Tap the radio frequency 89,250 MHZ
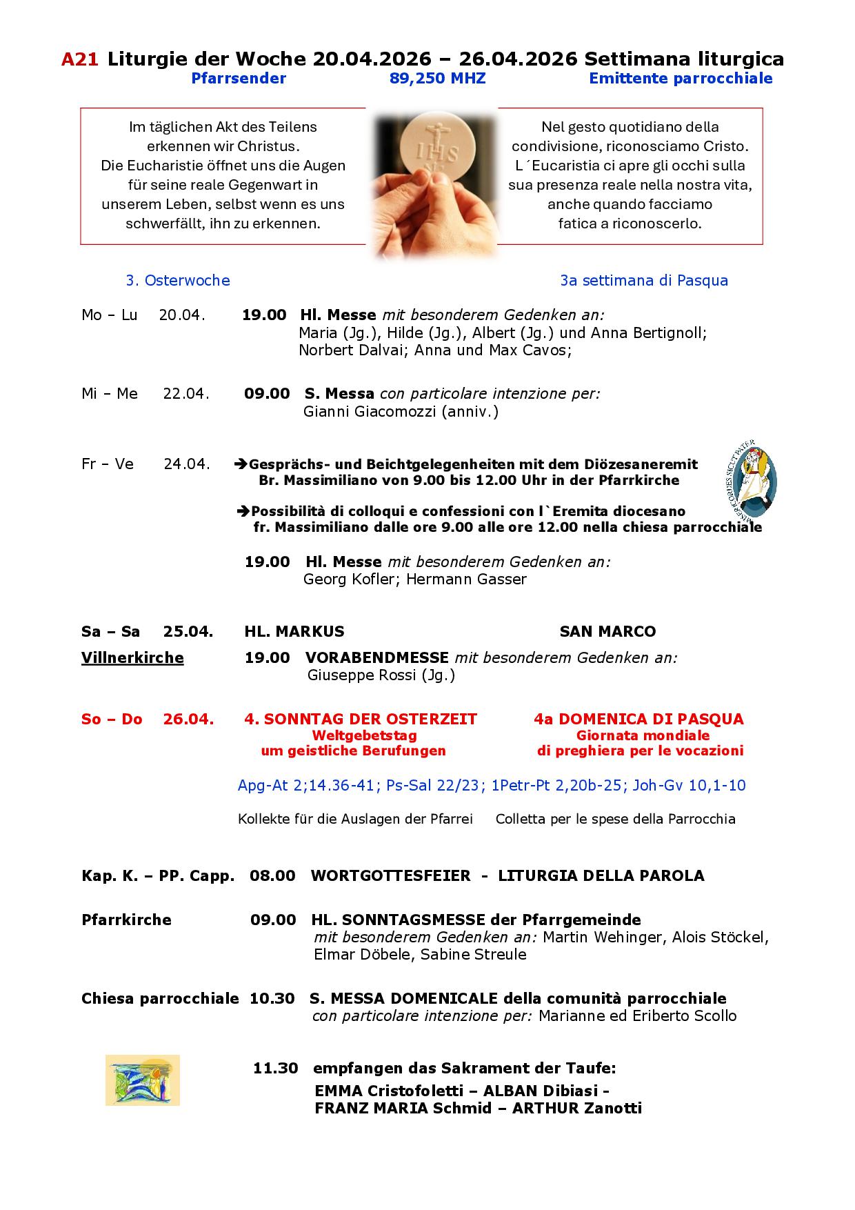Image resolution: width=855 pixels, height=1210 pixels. click(437, 79)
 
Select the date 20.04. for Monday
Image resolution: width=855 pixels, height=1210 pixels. click(182, 315)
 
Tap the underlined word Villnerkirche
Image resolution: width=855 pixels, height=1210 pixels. click(132, 658)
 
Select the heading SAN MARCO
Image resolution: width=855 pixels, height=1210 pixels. click(607, 631)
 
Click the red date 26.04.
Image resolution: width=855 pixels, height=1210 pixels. click(188, 719)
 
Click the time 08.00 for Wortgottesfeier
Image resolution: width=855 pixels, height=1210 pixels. click(272, 876)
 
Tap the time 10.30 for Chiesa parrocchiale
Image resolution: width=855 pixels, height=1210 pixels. click(272, 998)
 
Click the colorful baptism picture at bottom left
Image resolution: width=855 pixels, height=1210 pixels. click(143, 1080)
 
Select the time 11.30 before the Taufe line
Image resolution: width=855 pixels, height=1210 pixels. click(275, 1069)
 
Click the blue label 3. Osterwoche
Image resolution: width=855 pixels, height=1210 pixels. click(178, 281)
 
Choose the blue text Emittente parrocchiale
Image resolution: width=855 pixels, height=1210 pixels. click(680, 79)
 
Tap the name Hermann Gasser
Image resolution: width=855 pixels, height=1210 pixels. click(466, 579)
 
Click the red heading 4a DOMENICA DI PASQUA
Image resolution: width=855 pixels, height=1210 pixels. click(638, 719)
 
